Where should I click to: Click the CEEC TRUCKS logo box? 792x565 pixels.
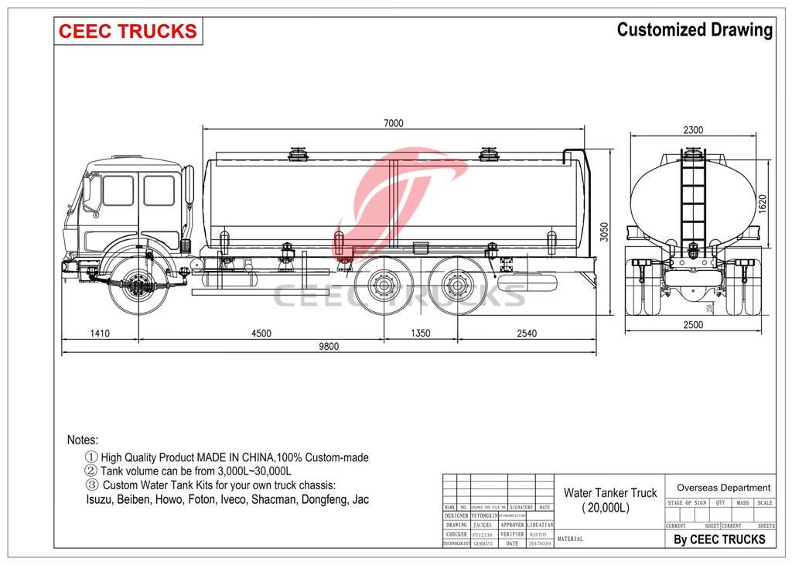coord(128,31)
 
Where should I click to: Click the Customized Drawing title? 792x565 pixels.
coord(694,30)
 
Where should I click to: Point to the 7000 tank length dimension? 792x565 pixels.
coord(392,123)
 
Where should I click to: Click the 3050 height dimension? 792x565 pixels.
coord(606,232)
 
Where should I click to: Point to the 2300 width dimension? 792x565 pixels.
coord(693,130)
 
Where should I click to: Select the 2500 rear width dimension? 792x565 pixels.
coord(693,325)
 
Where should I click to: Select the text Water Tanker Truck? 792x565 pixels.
coord(609,492)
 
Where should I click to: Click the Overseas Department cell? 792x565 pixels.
coord(723,488)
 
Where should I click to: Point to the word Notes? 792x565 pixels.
coord(83,440)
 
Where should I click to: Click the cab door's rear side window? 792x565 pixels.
coord(159,191)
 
